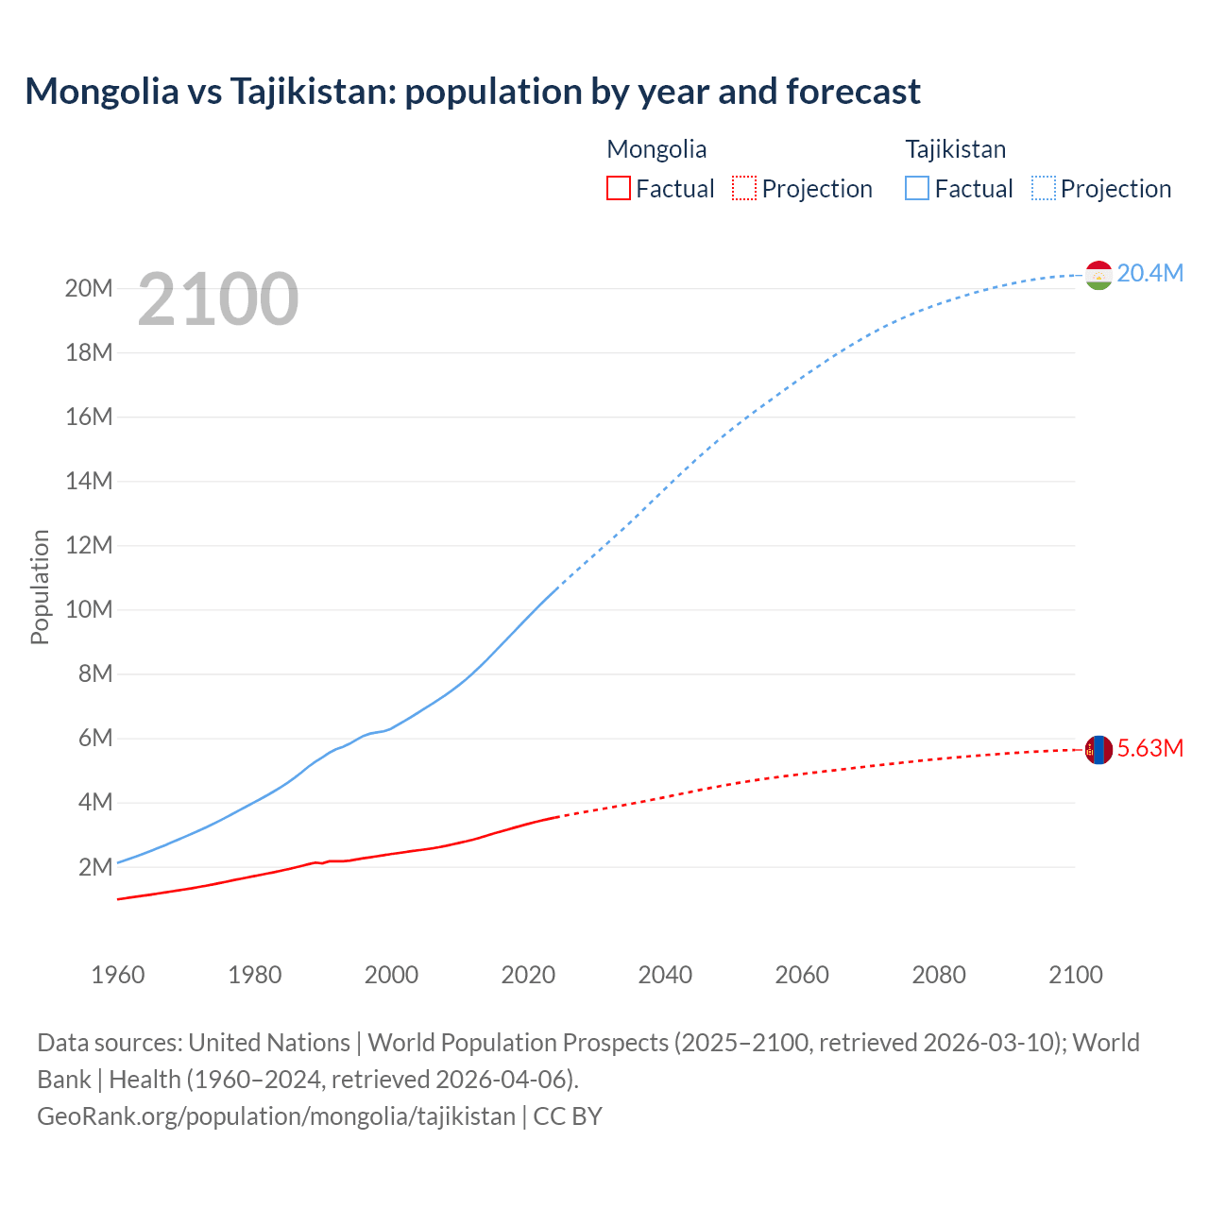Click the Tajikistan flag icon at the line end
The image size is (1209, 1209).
coord(1098,275)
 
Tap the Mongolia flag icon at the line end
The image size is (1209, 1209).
coord(1098,750)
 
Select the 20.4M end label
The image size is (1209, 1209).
coord(1149,273)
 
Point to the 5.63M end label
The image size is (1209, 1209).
coord(1149,748)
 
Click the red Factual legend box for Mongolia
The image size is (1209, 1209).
coord(618,188)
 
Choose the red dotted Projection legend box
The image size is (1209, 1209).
coord(744,188)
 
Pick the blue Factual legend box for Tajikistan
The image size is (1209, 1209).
coord(917,188)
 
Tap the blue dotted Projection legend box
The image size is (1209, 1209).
coord(1044,188)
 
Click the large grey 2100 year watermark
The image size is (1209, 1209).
coord(218,299)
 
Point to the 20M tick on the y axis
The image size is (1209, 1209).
coord(89,288)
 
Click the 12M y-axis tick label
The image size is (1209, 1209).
coord(89,545)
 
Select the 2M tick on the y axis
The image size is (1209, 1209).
coord(94,867)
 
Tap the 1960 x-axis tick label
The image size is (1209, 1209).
coord(118,975)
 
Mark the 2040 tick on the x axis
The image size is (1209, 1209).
coord(665,975)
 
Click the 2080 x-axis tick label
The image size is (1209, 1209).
coord(939,975)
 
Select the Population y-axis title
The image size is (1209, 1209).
coord(40,587)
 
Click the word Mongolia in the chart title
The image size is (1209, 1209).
coord(102,92)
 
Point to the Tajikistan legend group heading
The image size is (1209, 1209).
coord(956,149)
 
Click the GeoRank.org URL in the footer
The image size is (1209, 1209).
coord(277,1115)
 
